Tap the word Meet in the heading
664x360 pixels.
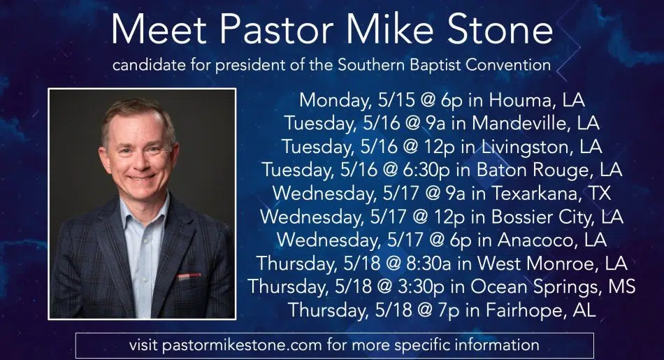[x=159, y=29]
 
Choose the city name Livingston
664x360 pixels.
[x=527, y=147]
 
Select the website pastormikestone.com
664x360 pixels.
[x=241, y=345]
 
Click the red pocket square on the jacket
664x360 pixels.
[x=189, y=277]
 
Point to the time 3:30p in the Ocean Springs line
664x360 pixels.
[x=421, y=287]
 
